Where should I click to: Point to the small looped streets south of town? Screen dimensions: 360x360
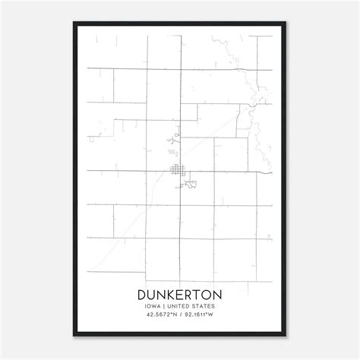(191, 183)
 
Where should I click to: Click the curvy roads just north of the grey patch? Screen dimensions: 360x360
(176, 138)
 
